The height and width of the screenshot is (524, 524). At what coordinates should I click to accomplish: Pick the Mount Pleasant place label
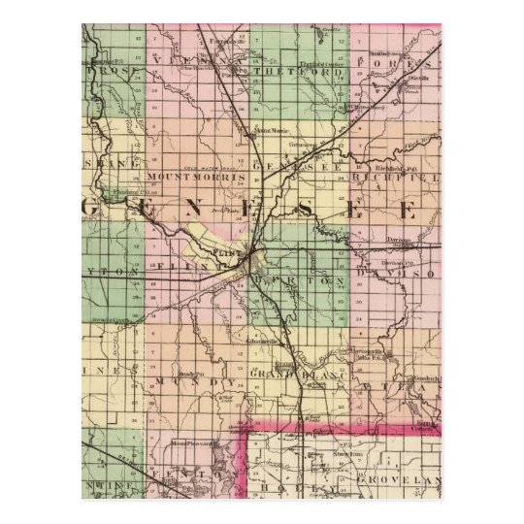click(190, 443)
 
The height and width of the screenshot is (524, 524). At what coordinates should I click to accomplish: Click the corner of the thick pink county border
click(244, 425)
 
